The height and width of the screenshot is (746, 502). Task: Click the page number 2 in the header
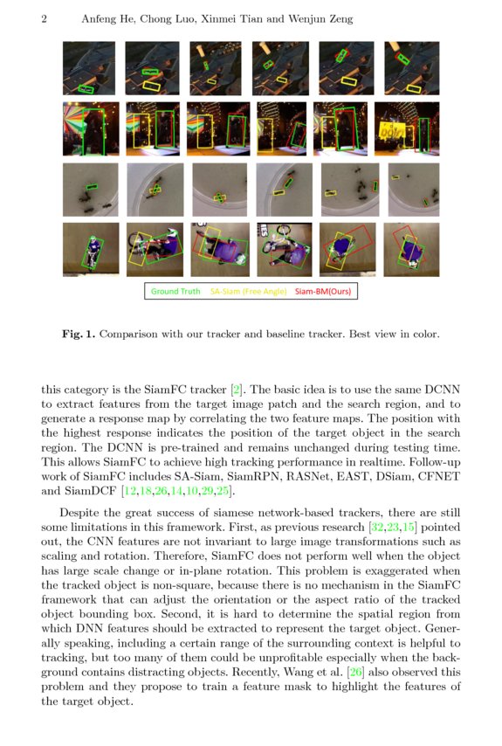pyautogui.click(x=44, y=19)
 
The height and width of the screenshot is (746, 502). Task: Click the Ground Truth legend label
pyautogui.click(x=175, y=292)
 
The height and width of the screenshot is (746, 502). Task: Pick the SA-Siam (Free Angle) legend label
pyautogui.click(x=247, y=292)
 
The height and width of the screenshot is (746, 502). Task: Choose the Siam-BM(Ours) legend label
pyautogui.click(x=323, y=292)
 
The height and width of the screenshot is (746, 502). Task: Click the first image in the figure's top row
pyautogui.click(x=89, y=68)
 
